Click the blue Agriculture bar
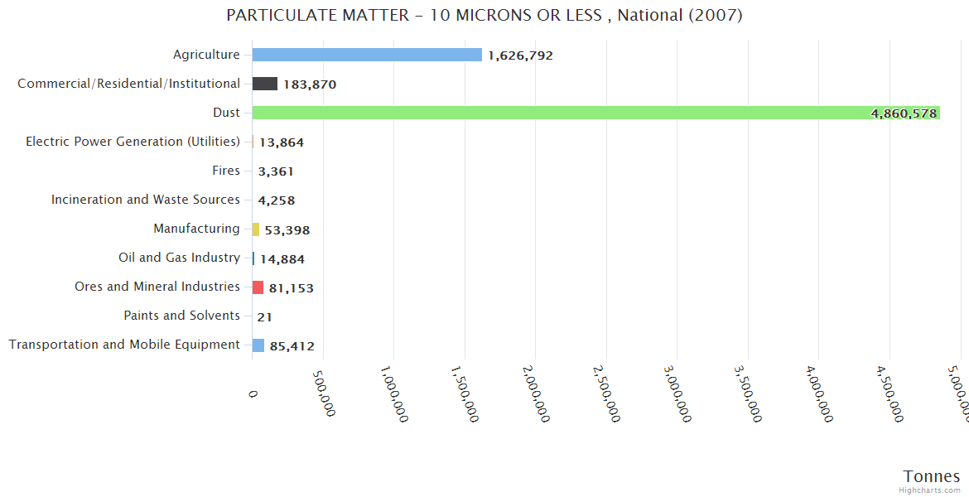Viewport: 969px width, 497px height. [367, 55]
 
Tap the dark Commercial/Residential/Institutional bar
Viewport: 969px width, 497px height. [265, 84]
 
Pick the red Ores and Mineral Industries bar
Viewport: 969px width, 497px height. [258, 287]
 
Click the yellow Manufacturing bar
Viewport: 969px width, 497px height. [256, 229]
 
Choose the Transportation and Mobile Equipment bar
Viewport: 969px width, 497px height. [258, 345]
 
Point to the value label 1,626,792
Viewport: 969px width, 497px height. [520, 55]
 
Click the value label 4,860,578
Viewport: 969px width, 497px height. [904, 113]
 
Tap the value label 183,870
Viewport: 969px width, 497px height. [310, 84]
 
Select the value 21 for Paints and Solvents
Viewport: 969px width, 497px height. [265, 316]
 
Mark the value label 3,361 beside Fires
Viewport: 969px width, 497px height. [276, 171]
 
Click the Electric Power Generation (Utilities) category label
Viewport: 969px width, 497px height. [133, 142]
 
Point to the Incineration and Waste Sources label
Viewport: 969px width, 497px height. [146, 200]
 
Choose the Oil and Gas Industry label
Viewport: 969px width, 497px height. [179, 258]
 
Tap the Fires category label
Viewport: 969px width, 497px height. [226, 171]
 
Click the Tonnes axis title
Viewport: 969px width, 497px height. [932, 476]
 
